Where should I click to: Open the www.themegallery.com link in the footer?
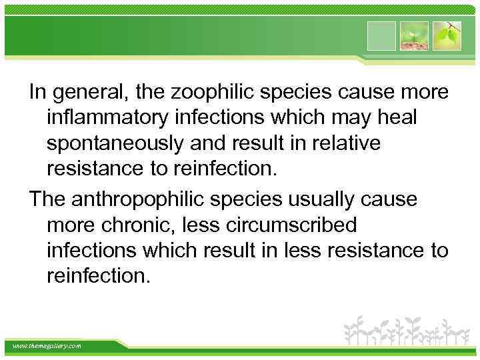point(47,345)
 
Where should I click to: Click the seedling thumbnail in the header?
point(415,36)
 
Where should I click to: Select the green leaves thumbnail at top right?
point(447,36)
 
